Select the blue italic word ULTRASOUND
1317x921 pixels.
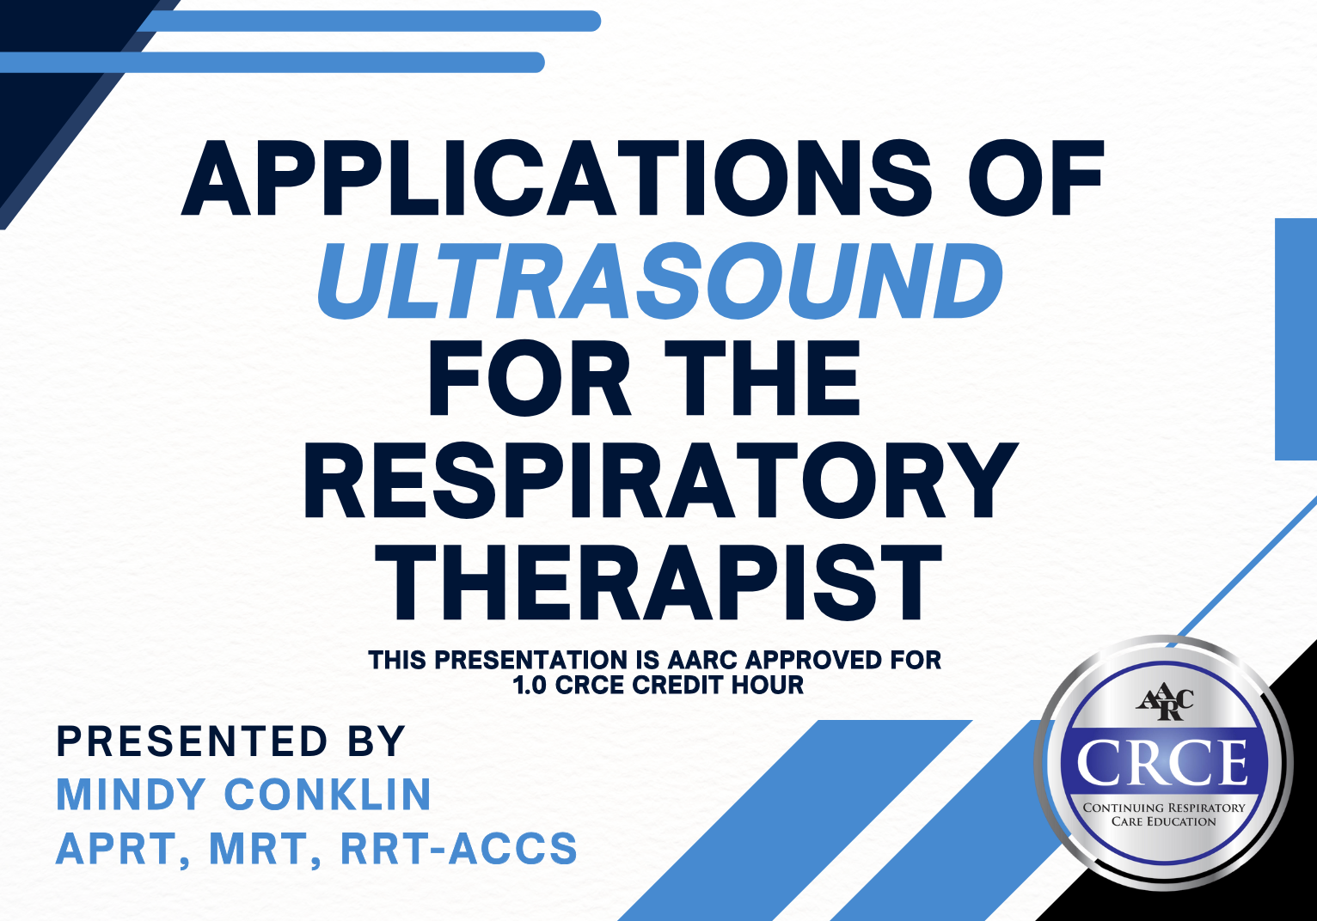[x=659, y=281]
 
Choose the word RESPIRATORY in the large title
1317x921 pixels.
[x=659, y=481]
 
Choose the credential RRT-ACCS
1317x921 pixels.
[x=459, y=849]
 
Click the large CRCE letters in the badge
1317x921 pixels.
[x=1163, y=762]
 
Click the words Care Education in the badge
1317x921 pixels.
[x=1164, y=821]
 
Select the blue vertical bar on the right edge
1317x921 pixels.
[x=1296, y=339]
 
